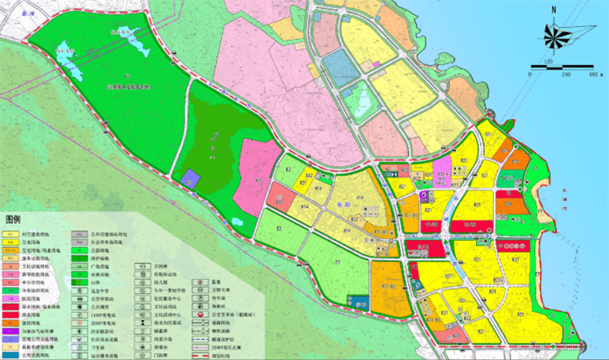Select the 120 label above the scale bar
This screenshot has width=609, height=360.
click(550, 63)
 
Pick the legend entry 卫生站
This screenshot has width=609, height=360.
click(90, 346)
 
